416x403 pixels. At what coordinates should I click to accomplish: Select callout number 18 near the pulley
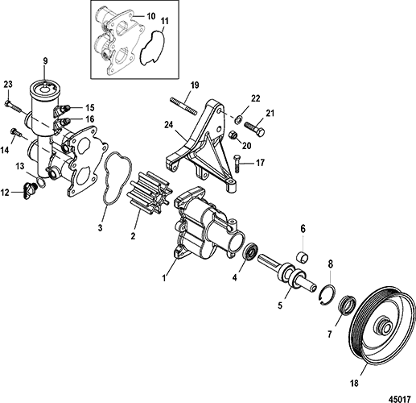click(x=354, y=383)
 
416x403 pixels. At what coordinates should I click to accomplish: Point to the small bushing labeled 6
click(x=302, y=257)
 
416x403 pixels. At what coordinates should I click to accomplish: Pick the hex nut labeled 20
click(x=233, y=135)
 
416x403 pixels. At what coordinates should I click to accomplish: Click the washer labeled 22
click(x=238, y=119)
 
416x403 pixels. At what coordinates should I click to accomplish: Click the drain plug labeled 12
click(x=29, y=190)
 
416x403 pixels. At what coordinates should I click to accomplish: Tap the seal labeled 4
click(x=251, y=251)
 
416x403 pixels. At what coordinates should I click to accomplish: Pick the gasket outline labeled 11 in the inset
click(x=153, y=48)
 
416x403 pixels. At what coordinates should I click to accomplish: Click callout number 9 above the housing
click(x=45, y=61)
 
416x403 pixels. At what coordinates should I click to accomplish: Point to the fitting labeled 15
click(x=64, y=110)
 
